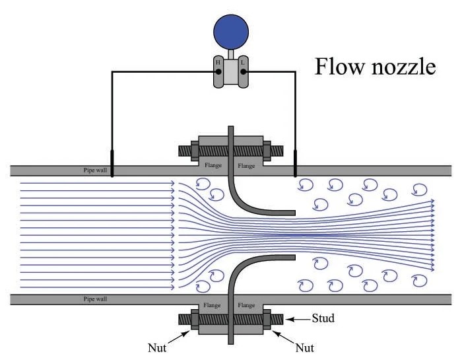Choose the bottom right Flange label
coord(246,306)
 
